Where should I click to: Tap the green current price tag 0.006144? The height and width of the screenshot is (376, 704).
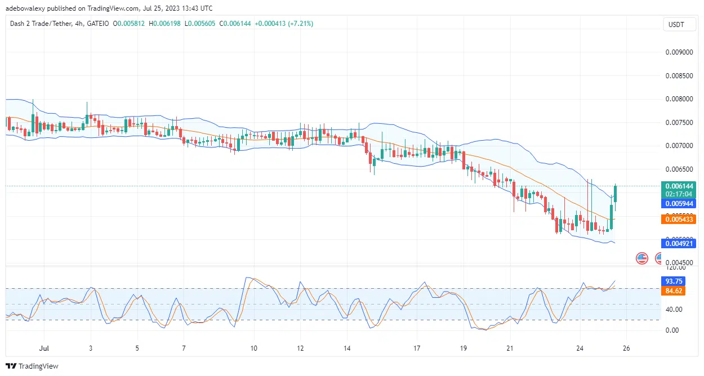[680, 186]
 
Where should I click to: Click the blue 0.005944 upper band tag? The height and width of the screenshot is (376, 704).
[680, 203]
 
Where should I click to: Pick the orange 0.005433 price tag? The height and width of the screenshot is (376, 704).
[680, 219]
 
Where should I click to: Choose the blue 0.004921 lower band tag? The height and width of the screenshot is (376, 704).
[680, 243]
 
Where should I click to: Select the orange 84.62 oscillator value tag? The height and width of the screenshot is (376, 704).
[674, 291]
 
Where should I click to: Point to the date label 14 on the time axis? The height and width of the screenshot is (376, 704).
[347, 348]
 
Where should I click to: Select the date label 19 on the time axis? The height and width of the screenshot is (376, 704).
[463, 348]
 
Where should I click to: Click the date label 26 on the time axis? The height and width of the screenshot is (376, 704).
[626, 348]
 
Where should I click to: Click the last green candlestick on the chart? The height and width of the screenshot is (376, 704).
[616, 194]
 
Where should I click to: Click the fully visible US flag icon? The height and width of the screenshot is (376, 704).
[641, 258]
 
